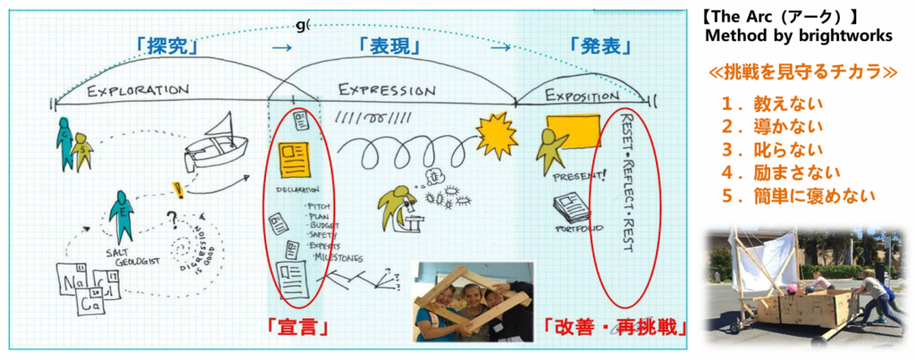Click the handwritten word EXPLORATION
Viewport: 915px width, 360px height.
139,91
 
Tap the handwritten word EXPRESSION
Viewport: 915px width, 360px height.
386,91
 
